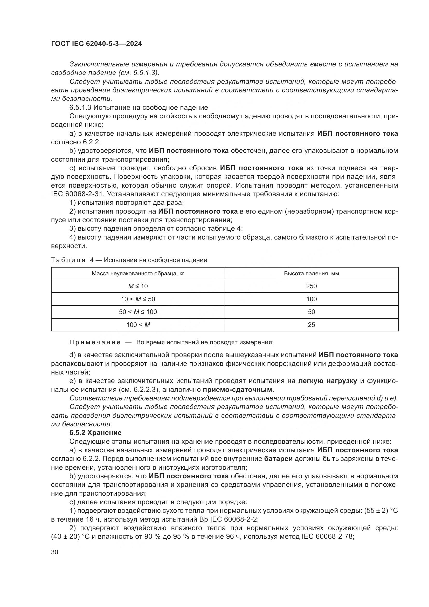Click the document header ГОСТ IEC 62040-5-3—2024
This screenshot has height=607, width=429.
tap(96, 44)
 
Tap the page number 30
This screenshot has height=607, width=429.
tap(55, 552)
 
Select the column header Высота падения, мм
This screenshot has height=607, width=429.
tap(311, 274)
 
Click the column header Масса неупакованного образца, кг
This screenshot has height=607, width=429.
tap(138, 274)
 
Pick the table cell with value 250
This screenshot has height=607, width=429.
tap(311, 286)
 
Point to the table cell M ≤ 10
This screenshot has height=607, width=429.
tap(138, 286)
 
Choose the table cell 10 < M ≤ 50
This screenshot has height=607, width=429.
tap(138, 299)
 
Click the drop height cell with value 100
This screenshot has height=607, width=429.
tap(311, 299)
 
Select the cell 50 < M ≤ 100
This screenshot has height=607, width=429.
tap(138, 312)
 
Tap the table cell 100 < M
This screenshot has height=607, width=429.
tap(138, 325)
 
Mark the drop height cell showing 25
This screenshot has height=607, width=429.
tap(311, 325)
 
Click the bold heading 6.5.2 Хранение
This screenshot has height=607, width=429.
tap(95, 433)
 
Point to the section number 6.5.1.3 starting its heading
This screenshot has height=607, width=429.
tap(80, 108)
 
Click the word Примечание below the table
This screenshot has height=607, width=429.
tap(95, 342)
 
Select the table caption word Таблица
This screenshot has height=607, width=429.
tap(68, 260)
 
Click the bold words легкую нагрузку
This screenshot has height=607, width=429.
tap(328, 381)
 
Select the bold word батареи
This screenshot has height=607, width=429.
tap(278, 459)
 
